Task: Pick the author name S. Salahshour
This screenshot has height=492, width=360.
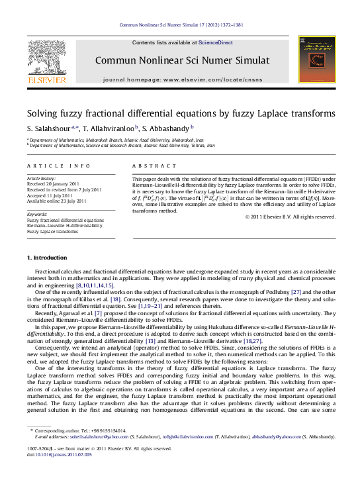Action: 50,128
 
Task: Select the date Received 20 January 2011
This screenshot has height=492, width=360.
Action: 53,184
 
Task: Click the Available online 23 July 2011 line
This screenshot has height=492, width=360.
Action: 57,200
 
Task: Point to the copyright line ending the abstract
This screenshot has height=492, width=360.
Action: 291,217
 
